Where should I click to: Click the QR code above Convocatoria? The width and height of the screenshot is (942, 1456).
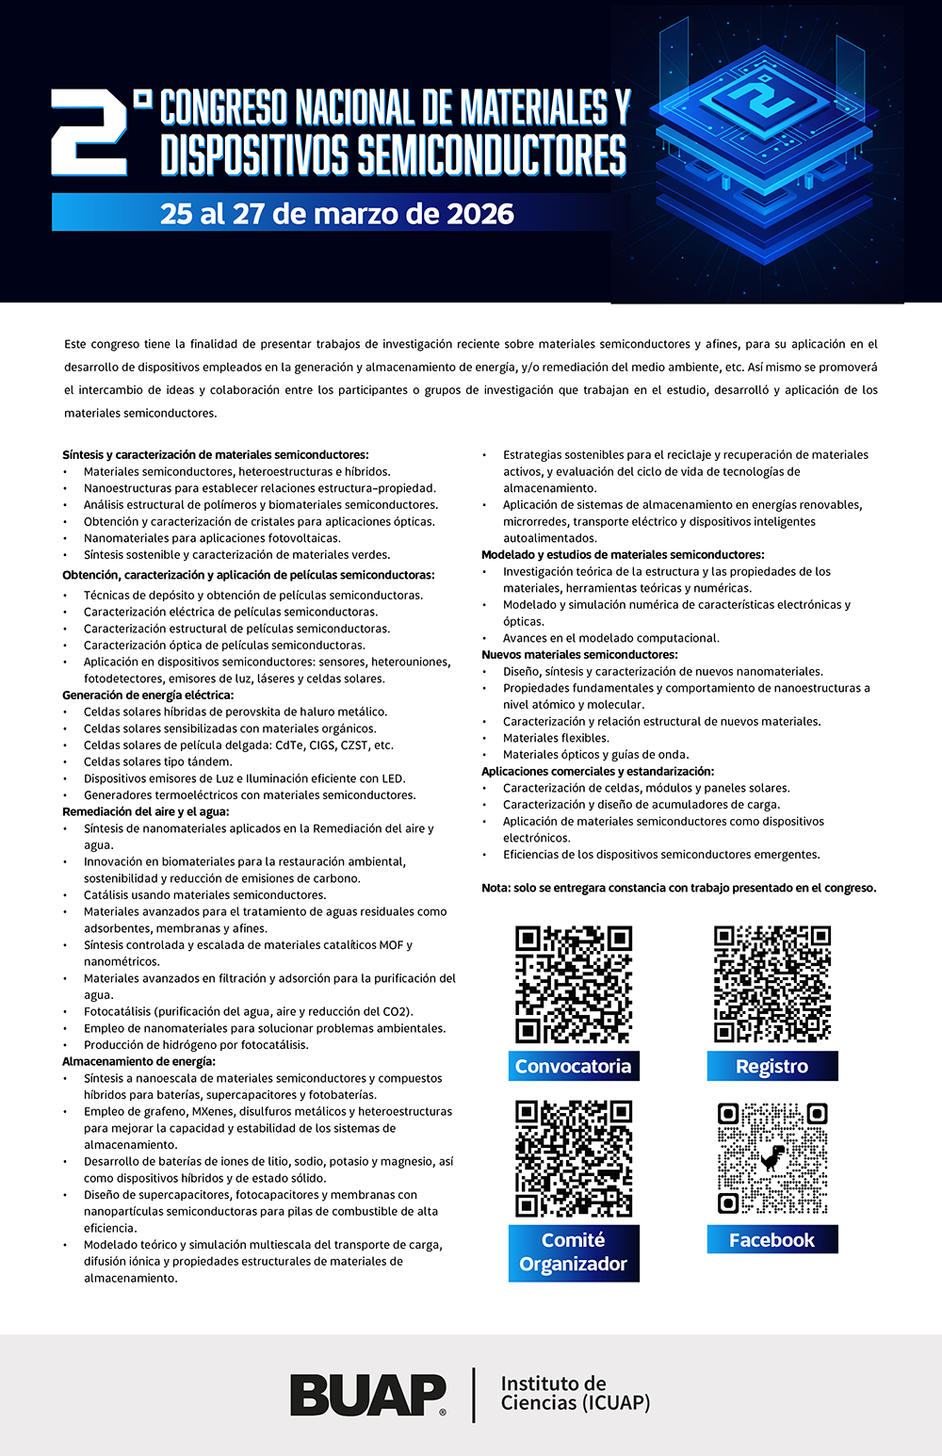(x=573, y=984)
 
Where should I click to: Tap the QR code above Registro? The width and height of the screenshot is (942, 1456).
(x=772, y=984)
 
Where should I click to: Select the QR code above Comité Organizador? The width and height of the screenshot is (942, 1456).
(x=573, y=1158)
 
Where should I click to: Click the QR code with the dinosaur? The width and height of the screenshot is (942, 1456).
(x=772, y=1158)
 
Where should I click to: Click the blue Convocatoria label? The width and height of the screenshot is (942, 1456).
(x=573, y=1066)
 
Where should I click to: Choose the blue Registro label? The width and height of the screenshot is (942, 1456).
(x=772, y=1066)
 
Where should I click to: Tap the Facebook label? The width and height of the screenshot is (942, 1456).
(x=772, y=1240)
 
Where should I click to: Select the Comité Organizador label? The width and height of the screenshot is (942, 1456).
(x=573, y=1252)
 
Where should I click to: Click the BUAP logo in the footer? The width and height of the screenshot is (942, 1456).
(x=368, y=1395)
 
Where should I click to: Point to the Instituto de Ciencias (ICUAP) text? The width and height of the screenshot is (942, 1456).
(x=575, y=1393)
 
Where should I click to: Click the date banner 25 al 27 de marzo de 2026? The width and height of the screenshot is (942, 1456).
(x=337, y=214)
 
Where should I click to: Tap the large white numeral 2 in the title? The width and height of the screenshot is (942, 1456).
(x=89, y=132)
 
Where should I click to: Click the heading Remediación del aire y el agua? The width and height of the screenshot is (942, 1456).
(x=146, y=811)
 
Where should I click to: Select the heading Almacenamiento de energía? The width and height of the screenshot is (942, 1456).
(x=138, y=1061)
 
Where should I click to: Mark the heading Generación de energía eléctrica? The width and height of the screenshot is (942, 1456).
(x=148, y=695)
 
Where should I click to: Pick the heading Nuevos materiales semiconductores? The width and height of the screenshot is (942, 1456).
(x=579, y=654)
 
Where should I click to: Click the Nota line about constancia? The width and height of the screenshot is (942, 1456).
(x=678, y=888)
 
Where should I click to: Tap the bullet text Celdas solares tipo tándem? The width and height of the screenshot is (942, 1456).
(x=157, y=761)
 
